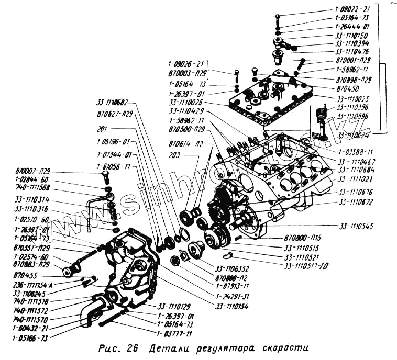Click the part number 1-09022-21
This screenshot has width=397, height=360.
354,9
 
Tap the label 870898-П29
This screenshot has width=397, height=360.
355,80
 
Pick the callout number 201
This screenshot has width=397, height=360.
103,128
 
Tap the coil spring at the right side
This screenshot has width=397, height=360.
323,113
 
